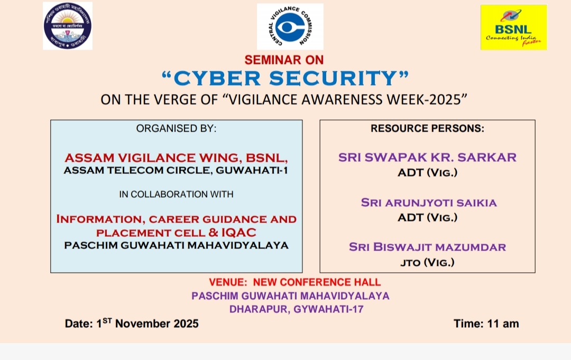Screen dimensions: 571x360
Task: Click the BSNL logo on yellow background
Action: coord(513,27)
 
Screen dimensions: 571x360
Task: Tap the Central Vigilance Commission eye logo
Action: coord(290,26)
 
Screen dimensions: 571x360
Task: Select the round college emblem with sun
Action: coord(67,26)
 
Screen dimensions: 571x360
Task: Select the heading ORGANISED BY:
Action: coord(176,128)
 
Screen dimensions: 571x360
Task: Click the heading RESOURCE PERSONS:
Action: coord(428,128)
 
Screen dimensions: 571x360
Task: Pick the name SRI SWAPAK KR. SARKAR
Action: coord(428,157)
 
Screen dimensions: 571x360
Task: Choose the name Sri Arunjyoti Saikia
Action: coord(429,202)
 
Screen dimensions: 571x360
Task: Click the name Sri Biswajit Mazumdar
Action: coord(428,247)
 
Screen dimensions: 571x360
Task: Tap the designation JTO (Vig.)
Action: coord(428,262)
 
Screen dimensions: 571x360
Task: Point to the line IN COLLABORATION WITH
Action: coord(176,195)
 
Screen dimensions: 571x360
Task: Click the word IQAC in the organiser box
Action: coord(238,232)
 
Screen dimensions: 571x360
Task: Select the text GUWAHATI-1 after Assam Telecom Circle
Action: coord(252,170)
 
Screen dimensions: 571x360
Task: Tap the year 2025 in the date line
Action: coord(186,324)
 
